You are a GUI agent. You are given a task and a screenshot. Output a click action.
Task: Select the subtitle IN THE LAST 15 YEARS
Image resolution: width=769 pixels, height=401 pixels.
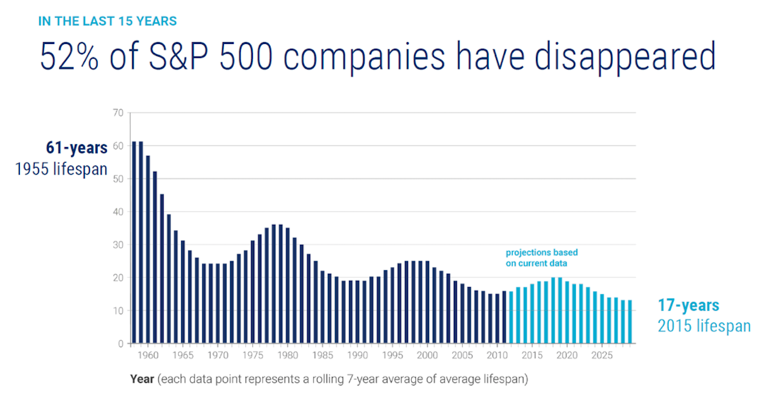(107, 22)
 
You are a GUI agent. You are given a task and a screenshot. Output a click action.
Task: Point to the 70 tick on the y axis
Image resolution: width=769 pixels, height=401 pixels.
(118, 113)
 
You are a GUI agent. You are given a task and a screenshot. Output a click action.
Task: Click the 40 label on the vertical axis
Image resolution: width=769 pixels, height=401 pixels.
(118, 212)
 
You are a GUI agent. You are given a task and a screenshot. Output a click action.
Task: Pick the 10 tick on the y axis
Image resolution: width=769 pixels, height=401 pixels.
(118, 311)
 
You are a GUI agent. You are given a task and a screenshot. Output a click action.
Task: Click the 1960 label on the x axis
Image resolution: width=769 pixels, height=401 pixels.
(148, 355)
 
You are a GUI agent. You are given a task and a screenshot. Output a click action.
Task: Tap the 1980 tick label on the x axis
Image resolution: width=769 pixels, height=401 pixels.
(288, 355)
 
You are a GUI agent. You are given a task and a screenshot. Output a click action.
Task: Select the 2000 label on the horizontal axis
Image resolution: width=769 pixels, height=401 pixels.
(427, 355)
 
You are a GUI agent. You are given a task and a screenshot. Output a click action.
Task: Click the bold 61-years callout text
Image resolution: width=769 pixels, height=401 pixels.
(77, 148)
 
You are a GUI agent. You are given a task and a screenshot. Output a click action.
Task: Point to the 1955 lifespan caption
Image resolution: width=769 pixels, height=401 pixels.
(61, 169)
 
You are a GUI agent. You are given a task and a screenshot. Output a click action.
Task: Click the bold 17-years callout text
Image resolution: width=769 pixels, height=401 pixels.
(688, 306)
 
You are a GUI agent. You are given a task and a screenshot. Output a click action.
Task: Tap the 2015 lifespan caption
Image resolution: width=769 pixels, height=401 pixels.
(704, 326)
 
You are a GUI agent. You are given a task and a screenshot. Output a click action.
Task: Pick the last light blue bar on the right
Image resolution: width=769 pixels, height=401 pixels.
(630, 321)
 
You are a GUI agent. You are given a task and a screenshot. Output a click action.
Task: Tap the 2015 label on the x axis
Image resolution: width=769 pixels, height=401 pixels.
(532, 355)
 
